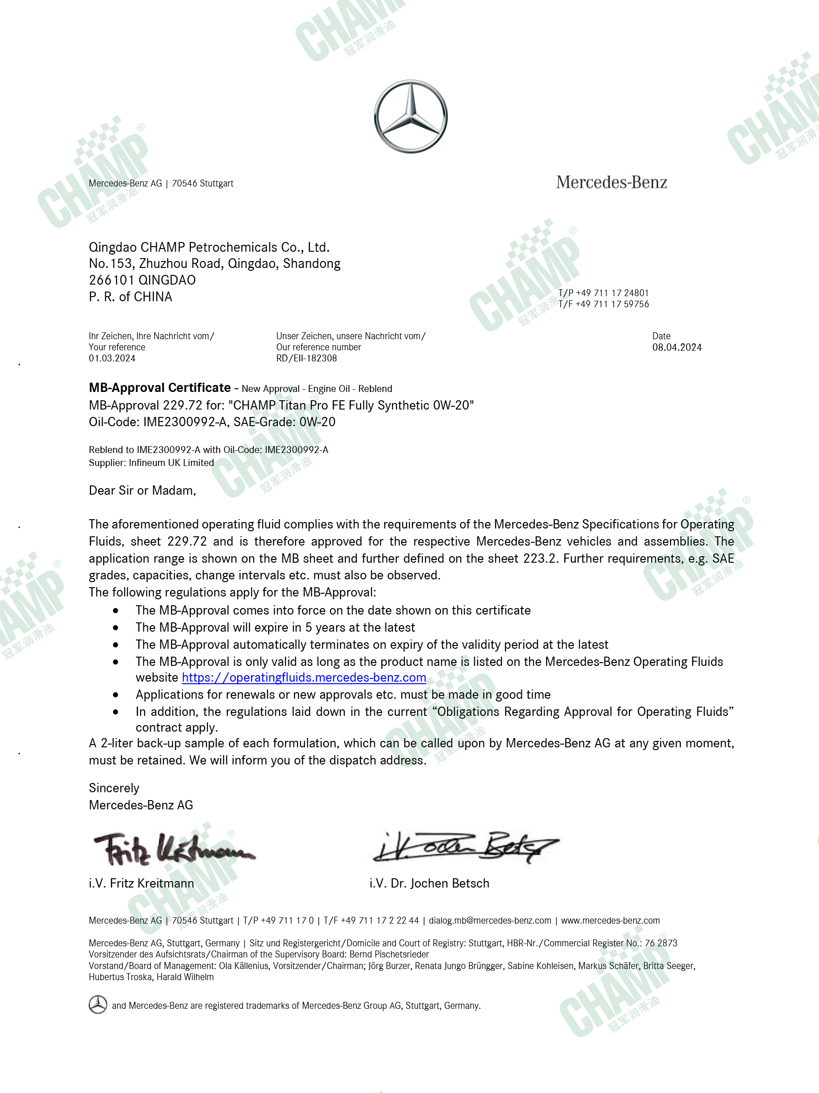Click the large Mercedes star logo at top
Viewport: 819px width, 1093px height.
(410, 117)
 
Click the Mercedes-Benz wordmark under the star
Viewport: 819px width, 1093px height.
(611, 182)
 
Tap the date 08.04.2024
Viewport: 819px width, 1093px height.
(676, 348)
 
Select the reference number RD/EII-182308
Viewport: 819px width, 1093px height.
(306, 358)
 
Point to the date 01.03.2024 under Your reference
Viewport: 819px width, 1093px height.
(112, 358)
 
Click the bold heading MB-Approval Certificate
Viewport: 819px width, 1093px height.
(159, 387)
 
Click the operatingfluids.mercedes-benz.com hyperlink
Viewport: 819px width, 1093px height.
(304, 677)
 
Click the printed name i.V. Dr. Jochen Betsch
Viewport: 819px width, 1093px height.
(429, 883)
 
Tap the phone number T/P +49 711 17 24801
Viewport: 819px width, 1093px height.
(603, 293)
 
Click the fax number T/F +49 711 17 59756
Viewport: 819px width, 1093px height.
(603, 304)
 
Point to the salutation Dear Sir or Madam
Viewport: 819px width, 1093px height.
(142, 490)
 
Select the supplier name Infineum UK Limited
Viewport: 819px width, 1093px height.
(171, 462)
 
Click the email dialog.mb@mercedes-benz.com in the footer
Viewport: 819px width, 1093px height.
(490, 920)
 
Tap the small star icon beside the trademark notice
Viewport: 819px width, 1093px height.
(98, 1005)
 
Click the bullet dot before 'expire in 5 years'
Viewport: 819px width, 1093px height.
(116, 627)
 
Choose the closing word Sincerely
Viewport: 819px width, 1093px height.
(114, 788)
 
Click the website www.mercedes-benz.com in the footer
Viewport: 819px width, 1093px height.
(610, 920)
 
